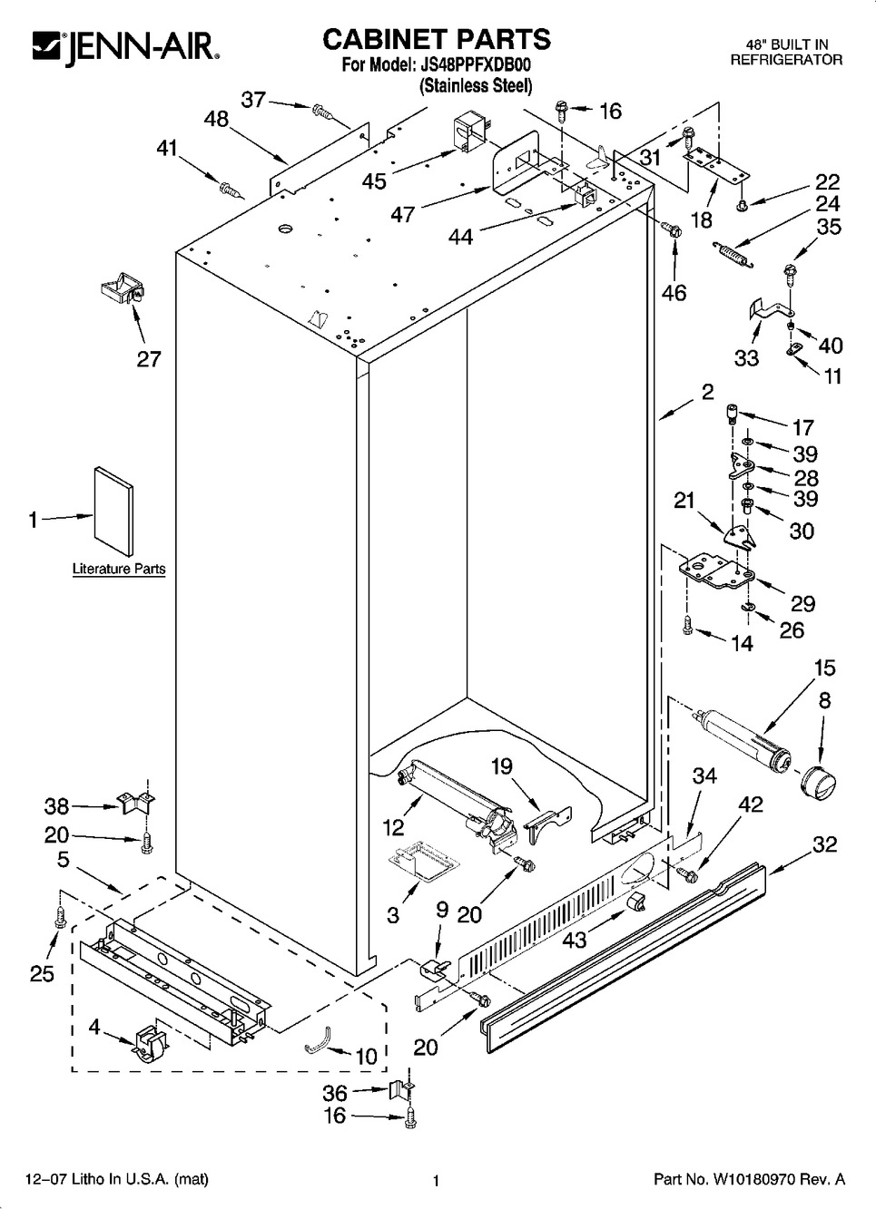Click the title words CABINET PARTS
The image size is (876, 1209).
pos(436,39)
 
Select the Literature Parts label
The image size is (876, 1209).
pos(119,569)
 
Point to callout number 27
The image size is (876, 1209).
pos(149,358)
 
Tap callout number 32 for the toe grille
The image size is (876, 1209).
pos(824,844)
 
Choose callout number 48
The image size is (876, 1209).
pos(216,120)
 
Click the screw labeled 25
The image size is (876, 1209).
pos(61,916)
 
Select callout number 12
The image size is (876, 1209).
pos(392,826)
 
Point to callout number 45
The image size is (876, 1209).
pos(374,180)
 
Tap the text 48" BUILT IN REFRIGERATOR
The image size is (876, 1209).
pos(786,52)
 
